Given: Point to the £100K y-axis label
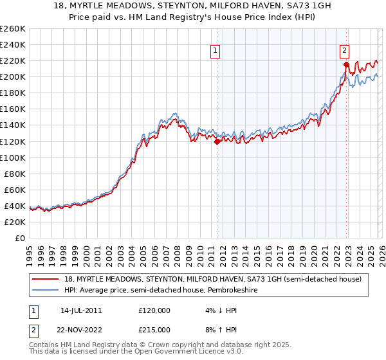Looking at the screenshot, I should [x=13, y=157].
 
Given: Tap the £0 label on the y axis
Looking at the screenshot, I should [x=20, y=238].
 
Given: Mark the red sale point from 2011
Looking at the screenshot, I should [x=217, y=141].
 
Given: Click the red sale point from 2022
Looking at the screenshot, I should [x=346, y=65].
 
